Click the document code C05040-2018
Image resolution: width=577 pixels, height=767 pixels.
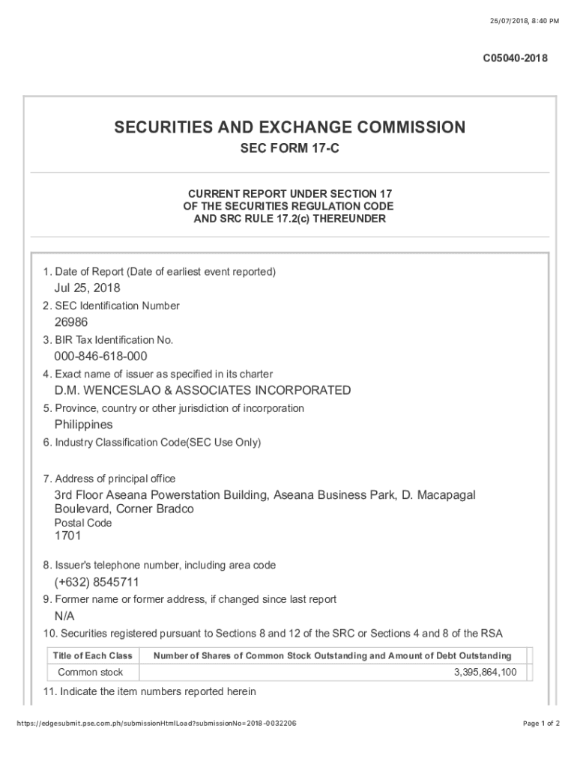point(515,58)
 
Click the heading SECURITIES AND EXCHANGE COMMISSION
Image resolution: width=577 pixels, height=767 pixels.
point(289,127)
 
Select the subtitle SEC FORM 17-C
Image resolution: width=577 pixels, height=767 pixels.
point(289,150)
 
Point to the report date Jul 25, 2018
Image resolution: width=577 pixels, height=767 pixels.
point(87,288)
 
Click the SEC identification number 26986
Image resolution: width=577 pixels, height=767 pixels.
point(71,323)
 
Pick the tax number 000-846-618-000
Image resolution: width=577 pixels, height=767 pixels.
point(100,357)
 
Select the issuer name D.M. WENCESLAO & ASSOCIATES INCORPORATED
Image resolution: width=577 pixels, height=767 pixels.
point(202,390)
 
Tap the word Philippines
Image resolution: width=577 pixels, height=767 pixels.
point(83,425)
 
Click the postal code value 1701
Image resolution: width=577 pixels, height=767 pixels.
point(67,536)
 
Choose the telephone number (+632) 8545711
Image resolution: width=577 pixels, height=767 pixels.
point(97,582)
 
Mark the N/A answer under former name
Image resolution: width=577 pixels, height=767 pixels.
point(64,616)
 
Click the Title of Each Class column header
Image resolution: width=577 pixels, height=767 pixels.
point(93,656)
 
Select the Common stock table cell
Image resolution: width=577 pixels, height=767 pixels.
point(91,673)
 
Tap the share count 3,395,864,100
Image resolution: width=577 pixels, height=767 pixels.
point(485,673)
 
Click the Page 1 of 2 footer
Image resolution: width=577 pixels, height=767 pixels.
point(540,724)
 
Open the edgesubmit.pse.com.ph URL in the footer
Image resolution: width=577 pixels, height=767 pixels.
point(151,724)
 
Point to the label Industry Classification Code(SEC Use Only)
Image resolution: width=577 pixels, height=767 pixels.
point(152,443)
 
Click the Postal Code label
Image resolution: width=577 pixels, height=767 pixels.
point(83,523)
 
